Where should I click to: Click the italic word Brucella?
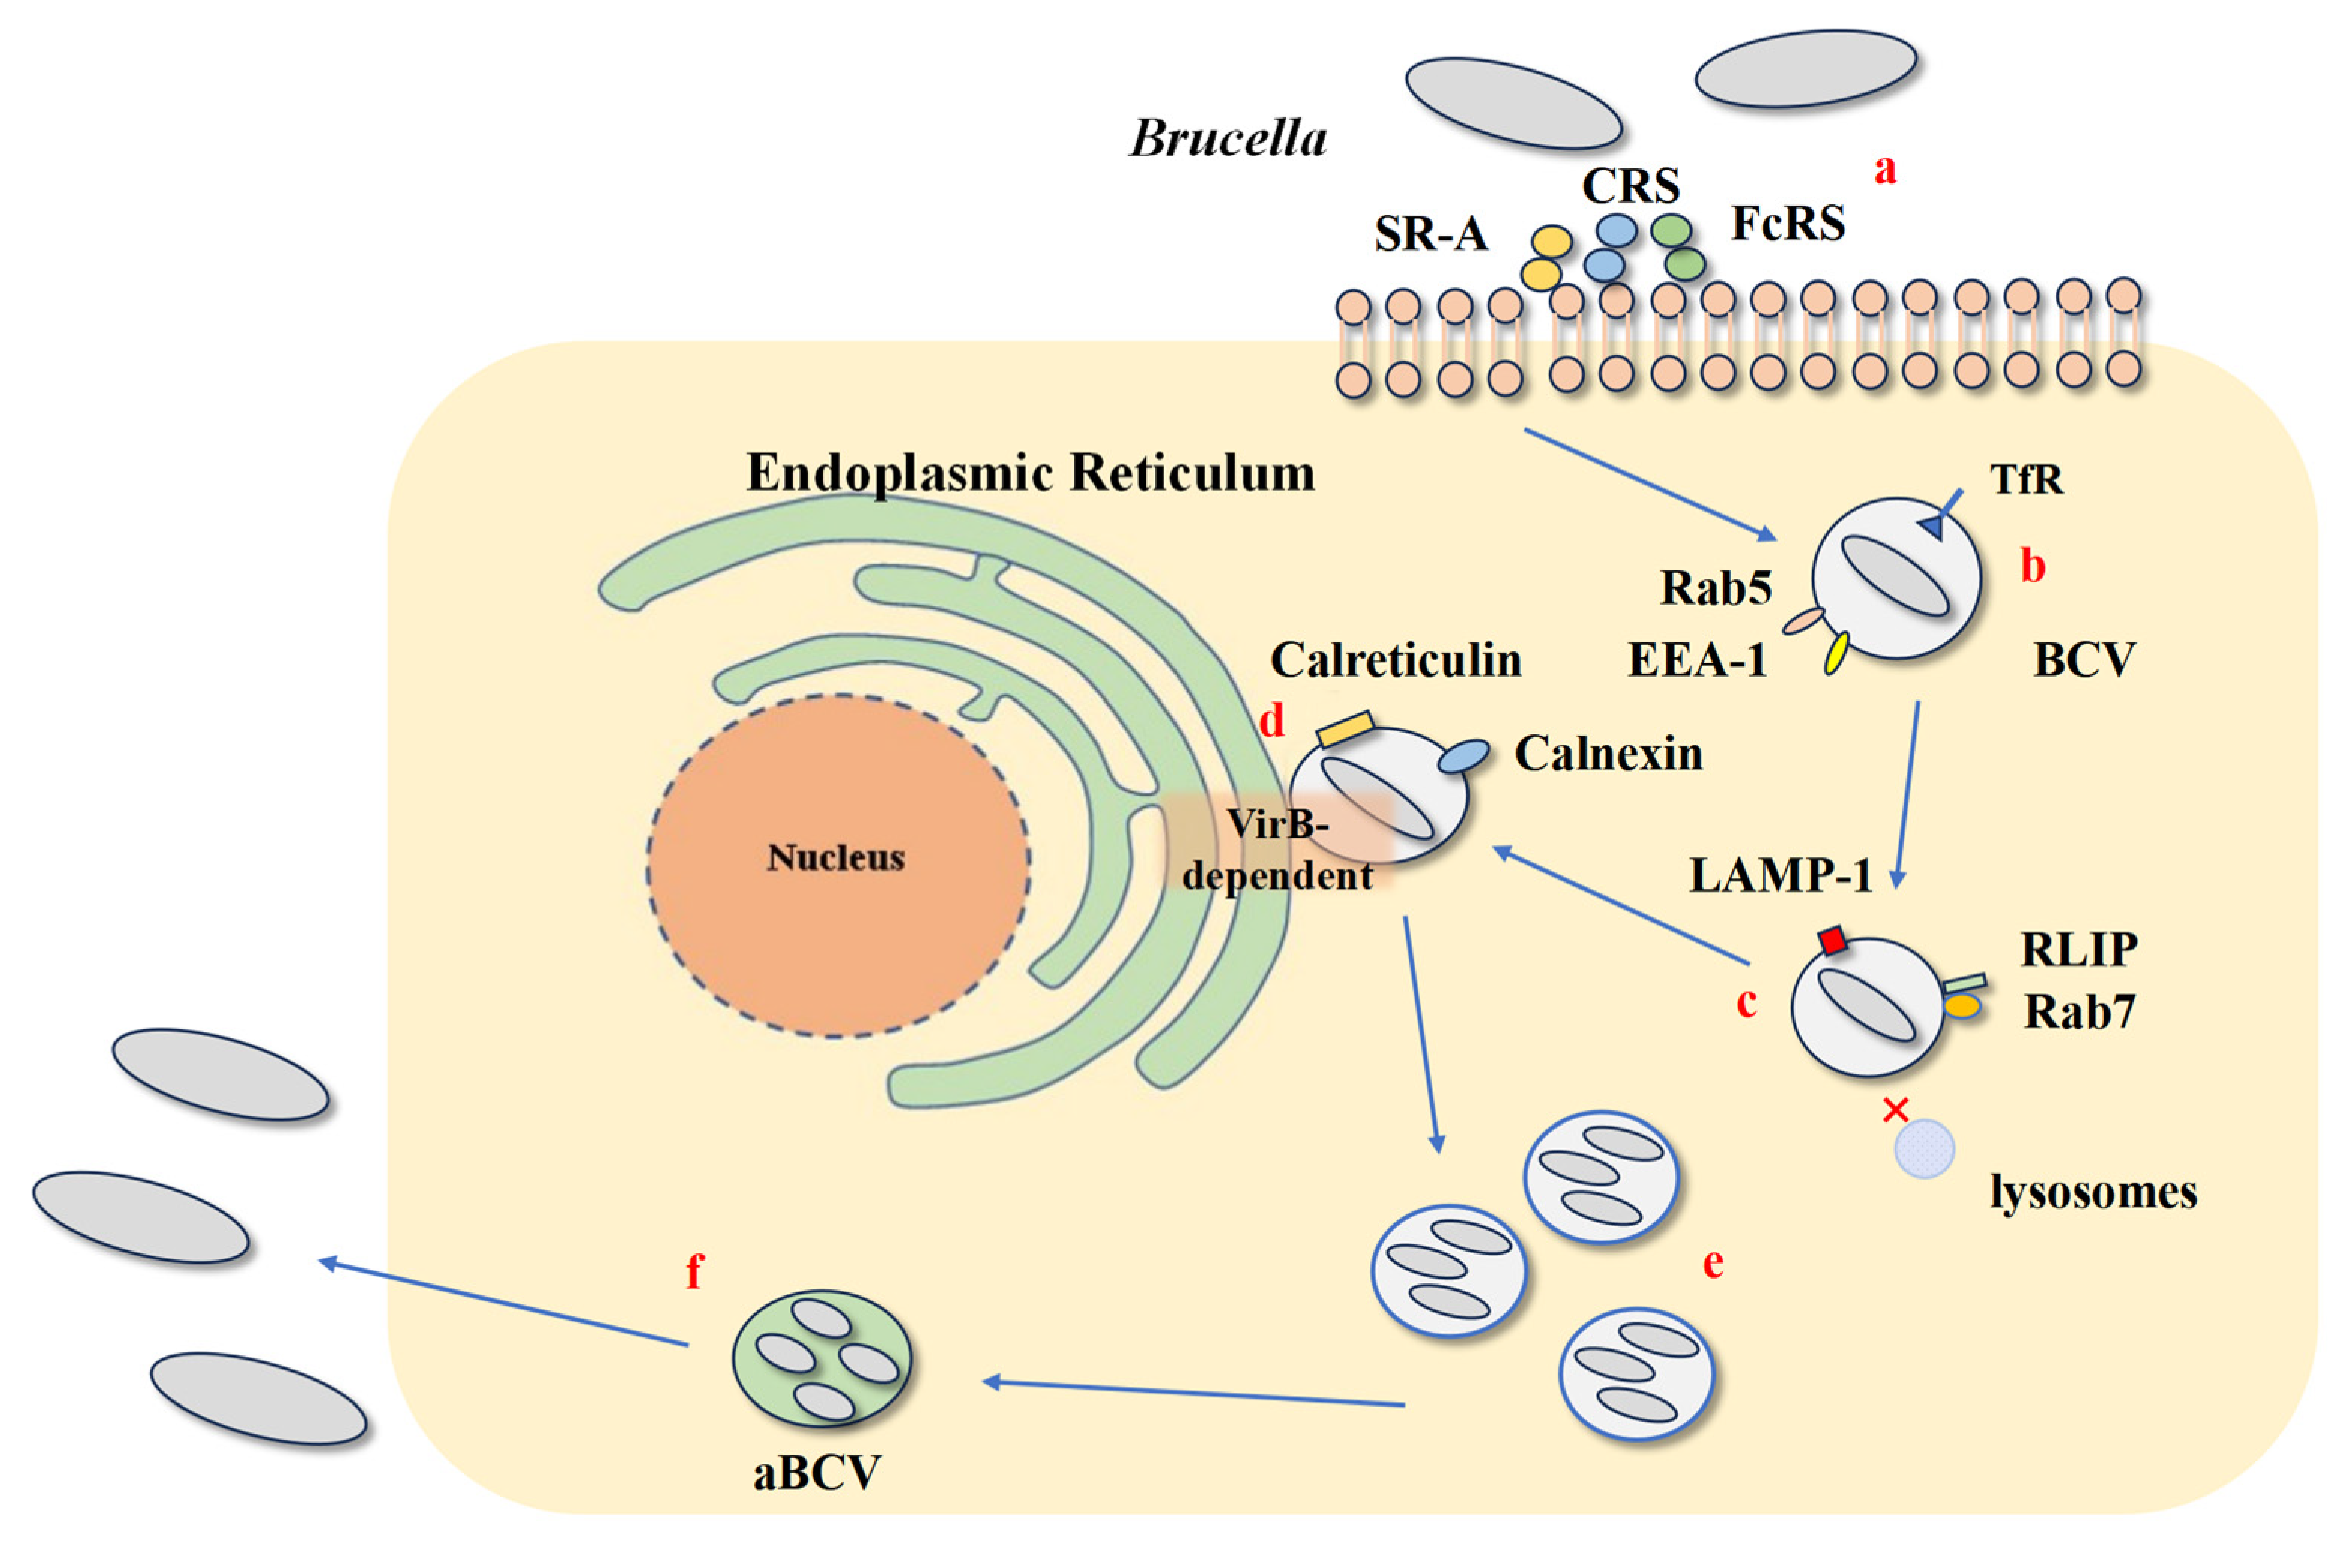(1228, 138)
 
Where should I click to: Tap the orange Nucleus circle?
(837, 866)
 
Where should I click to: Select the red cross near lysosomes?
(1895, 1110)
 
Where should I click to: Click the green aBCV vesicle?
(821, 1358)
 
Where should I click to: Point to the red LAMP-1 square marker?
(1832, 940)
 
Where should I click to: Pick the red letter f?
(694, 1272)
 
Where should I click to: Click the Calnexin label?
(1608, 754)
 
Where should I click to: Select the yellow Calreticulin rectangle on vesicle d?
(1345, 727)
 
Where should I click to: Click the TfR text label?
(2026, 479)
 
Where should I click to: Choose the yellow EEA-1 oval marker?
(1836, 653)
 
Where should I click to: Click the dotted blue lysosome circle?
(1924, 1149)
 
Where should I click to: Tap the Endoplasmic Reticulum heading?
(1031, 473)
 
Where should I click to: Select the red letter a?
(1884, 170)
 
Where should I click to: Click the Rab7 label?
(2079, 1011)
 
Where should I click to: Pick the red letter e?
(1714, 1262)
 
